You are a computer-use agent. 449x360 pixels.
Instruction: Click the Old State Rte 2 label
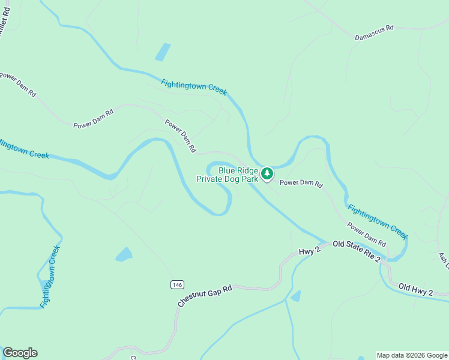click(x=357, y=251)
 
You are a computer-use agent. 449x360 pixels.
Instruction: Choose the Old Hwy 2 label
click(x=415, y=289)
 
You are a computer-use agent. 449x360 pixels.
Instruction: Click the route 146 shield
click(x=176, y=284)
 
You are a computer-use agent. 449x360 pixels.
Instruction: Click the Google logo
click(x=20, y=353)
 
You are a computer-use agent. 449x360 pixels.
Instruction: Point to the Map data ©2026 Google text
click(x=411, y=355)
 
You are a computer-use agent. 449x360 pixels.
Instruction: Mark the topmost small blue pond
click(x=162, y=52)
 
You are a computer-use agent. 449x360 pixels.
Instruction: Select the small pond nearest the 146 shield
click(x=124, y=254)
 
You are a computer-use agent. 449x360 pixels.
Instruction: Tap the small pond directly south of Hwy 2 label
click(x=295, y=296)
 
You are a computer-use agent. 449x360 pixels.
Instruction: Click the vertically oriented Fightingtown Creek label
click(x=50, y=277)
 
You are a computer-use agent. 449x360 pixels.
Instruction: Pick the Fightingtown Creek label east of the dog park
click(x=378, y=219)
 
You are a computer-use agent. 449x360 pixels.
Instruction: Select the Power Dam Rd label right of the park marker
click(x=301, y=183)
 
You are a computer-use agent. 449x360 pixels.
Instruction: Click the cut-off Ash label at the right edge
click(x=443, y=259)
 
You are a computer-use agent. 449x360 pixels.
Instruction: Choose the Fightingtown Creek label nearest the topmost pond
click(x=194, y=87)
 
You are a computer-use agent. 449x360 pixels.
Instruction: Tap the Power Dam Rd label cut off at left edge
click(x=18, y=85)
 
